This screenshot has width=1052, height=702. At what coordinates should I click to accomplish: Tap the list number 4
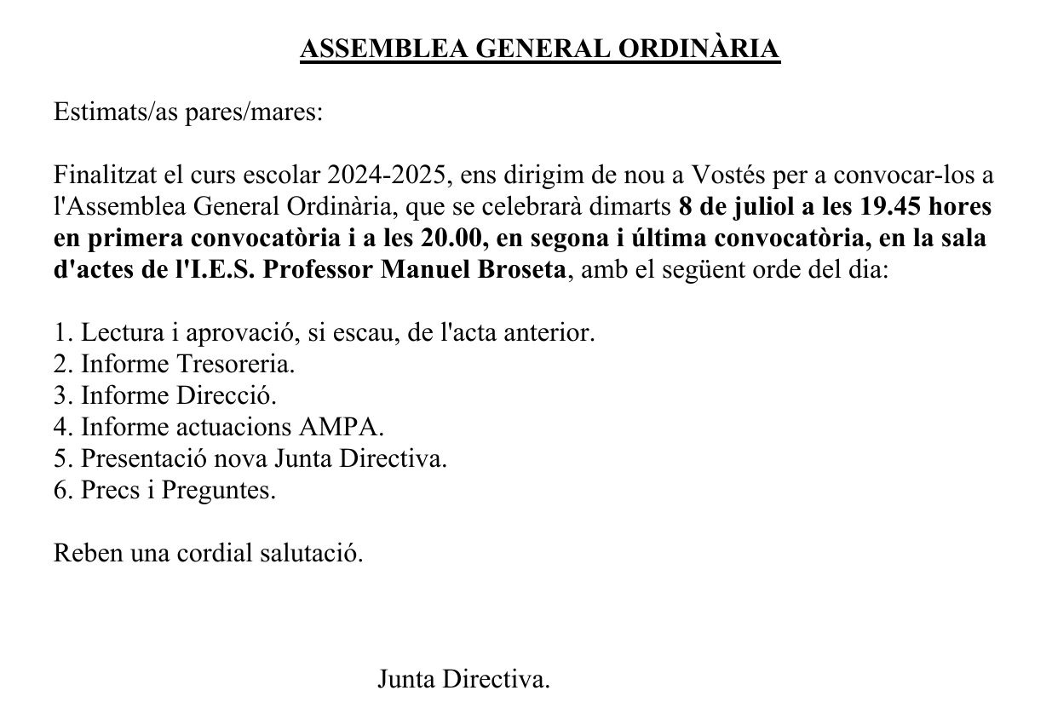60,427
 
